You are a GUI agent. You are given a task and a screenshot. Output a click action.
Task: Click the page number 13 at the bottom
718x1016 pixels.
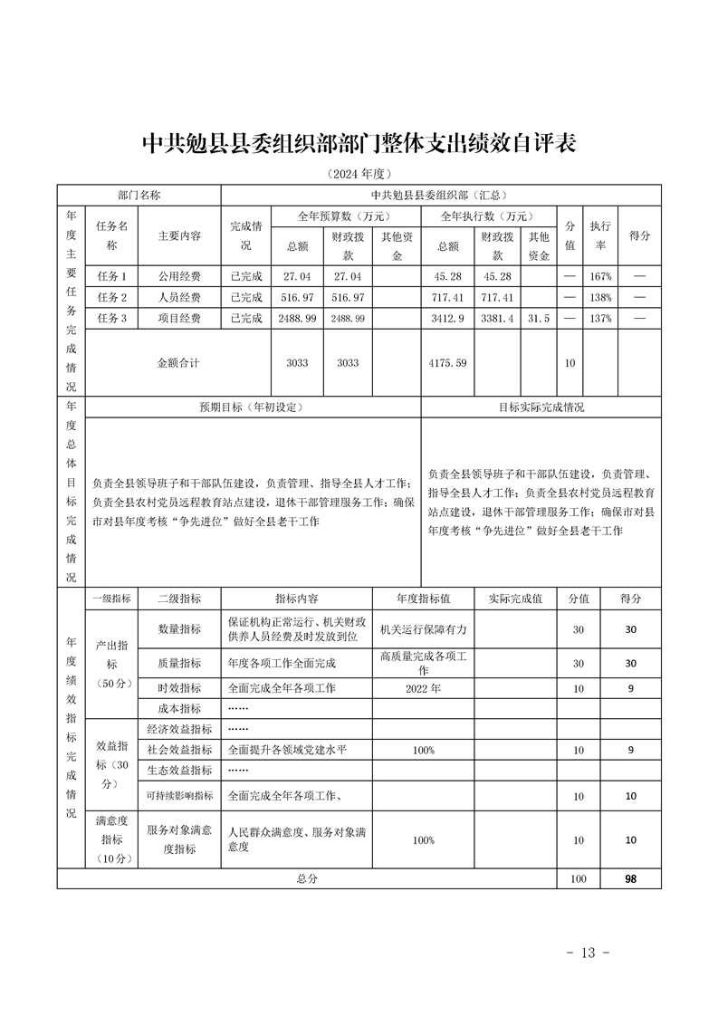tap(589, 953)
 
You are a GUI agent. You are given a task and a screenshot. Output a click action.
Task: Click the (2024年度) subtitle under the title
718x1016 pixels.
tap(359, 174)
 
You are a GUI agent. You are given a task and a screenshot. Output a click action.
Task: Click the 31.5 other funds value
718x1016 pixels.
tap(540, 319)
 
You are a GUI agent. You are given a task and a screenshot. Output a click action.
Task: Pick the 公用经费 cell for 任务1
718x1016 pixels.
tap(179, 276)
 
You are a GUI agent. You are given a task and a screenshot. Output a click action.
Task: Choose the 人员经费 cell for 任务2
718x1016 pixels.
tap(179, 297)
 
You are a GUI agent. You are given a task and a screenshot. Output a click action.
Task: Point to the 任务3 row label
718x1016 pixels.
tap(111, 319)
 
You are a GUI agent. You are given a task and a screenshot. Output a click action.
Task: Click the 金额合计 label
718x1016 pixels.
tap(179, 362)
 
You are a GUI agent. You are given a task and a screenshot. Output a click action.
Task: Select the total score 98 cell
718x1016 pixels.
tap(630, 878)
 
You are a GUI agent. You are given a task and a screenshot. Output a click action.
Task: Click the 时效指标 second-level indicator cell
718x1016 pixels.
tap(179, 688)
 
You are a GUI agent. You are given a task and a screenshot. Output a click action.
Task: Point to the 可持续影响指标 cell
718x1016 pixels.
tap(179, 796)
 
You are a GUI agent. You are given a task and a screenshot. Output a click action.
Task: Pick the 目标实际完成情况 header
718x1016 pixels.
tap(541, 407)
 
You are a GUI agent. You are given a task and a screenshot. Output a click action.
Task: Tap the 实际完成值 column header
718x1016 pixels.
tap(515, 599)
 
